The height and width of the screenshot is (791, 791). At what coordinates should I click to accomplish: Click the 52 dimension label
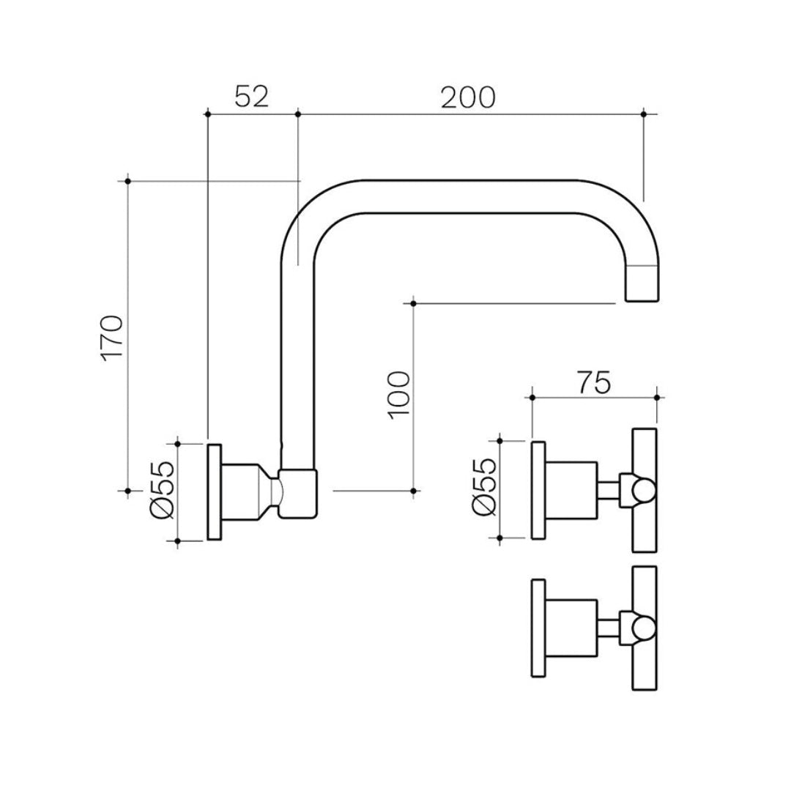click(x=251, y=96)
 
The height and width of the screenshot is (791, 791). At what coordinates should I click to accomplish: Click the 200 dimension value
click(x=468, y=97)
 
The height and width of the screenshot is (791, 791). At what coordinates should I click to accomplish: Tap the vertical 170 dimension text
click(x=112, y=338)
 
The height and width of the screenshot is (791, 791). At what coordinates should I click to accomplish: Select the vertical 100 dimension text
click(x=399, y=394)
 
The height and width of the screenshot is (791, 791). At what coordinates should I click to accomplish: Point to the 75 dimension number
click(x=593, y=382)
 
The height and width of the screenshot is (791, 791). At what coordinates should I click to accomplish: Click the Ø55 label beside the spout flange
click(x=163, y=491)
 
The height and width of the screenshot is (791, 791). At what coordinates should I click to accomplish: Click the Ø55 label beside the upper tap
click(x=484, y=489)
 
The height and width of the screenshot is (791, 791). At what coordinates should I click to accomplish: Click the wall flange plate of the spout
click(x=215, y=491)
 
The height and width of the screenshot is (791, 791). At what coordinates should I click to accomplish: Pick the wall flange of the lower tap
click(x=538, y=628)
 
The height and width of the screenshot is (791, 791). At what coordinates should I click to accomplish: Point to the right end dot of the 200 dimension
click(x=643, y=114)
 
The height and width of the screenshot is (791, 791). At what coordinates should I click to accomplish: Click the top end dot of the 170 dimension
click(x=128, y=180)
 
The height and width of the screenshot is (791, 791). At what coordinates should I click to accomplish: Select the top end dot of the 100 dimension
click(x=414, y=302)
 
